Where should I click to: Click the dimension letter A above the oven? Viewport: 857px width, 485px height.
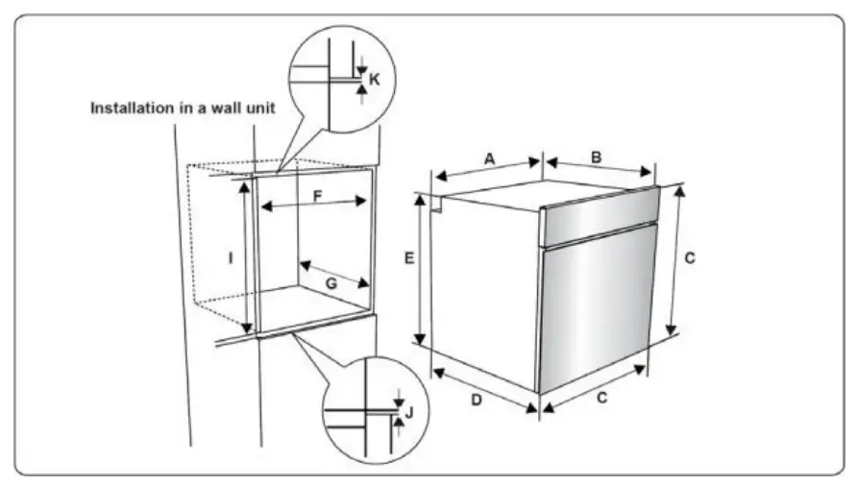pyautogui.click(x=489, y=158)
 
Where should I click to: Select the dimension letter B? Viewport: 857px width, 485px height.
pyautogui.click(x=596, y=156)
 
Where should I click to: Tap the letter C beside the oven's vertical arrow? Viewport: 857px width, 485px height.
pyautogui.click(x=689, y=257)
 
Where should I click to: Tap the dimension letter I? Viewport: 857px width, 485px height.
pyautogui.click(x=231, y=257)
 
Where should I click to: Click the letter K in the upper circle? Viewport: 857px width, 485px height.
pyautogui.click(x=375, y=79)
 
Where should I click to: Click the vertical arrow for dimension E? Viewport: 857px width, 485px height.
pyautogui.click(x=420, y=268)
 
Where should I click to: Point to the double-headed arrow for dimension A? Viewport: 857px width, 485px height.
pyautogui.click(x=489, y=169)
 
